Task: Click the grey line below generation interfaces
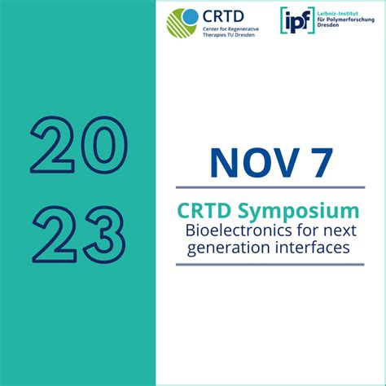[270, 264]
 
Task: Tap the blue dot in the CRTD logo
[190, 15]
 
